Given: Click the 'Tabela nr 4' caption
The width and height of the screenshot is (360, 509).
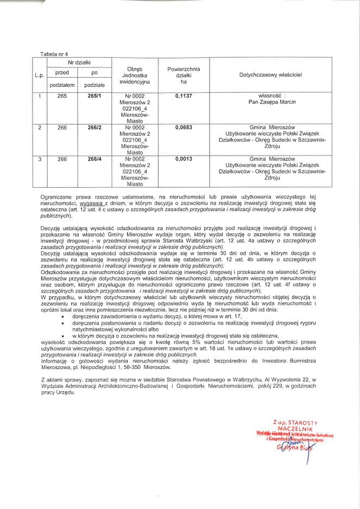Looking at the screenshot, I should tap(54, 54).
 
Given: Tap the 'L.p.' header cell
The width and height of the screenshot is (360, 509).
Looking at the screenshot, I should tap(39, 76).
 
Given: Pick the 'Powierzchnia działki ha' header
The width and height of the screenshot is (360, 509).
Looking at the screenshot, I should tap(183, 76).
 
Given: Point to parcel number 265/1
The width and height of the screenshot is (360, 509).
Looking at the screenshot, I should tap(94, 96).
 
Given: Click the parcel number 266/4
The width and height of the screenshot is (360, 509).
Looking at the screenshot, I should tap(94, 159).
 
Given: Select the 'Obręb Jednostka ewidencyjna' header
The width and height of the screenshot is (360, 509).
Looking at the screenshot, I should tap(134, 76).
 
